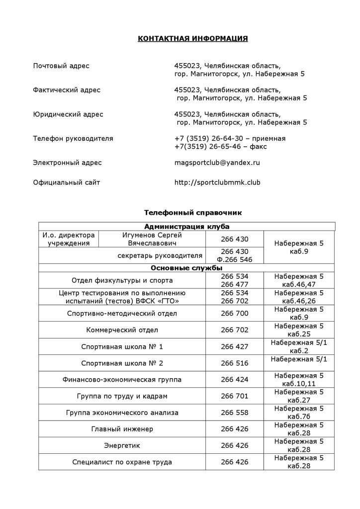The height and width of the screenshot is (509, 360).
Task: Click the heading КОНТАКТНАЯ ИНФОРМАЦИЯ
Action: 193,39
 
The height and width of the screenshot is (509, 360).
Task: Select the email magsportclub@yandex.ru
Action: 217,163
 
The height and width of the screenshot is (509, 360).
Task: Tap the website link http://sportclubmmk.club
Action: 217,182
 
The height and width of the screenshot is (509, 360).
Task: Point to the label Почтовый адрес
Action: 61,66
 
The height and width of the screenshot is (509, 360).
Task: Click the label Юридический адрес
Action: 68,114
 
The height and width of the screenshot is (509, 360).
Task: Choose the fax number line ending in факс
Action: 221,147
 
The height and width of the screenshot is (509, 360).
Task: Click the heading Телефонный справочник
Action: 193,213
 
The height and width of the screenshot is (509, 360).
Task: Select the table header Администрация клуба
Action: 187,227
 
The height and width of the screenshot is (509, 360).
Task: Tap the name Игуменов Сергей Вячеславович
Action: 152,239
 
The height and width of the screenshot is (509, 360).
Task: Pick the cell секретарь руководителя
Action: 160,256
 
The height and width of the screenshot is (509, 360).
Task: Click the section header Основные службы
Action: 186,268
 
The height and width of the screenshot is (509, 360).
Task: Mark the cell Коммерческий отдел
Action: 122,330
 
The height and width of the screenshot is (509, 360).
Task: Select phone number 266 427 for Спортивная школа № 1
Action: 235,346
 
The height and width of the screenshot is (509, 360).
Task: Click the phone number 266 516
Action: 235,363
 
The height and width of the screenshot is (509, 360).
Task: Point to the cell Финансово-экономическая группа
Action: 122,380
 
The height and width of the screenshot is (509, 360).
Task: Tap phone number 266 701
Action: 235,396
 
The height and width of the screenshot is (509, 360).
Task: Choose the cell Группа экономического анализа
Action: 122,413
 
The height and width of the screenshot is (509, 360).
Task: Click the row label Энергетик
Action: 122,445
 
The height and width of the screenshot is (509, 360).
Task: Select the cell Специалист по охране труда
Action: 122,462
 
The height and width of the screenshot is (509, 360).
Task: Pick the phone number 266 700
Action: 235,314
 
